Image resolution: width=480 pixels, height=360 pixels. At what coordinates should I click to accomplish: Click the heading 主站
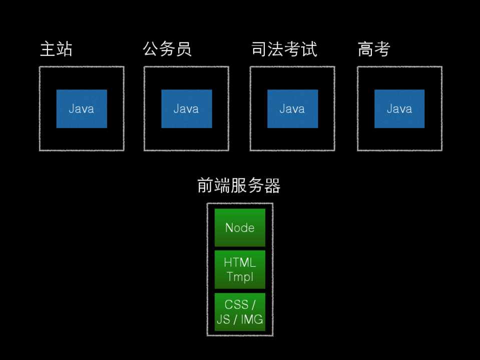click(x=56, y=49)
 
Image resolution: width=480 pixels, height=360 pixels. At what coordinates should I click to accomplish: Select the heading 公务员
click(x=167, y=49)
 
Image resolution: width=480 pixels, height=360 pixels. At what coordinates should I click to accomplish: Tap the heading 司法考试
click(x=284, y=49)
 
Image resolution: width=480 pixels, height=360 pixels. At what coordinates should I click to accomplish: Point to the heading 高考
click(x=373, y=49)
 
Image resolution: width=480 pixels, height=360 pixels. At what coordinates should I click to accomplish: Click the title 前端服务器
click(x=239, y=185)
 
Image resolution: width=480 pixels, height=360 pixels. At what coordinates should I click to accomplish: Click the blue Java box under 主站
click(x=82, y=109)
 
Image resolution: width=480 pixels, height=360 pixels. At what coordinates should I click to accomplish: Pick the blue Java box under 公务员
click(x=186, y=109)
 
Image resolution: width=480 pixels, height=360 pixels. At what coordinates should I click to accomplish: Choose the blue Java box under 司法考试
click(x=292, y=109)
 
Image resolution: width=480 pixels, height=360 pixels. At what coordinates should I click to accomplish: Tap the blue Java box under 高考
click(x=399, y=109)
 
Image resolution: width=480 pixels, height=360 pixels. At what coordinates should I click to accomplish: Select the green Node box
click(x=240, y=227)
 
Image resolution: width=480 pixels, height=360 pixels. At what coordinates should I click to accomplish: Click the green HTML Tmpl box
click(x=240, y=269)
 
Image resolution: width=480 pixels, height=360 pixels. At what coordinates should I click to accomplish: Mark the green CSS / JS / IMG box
click(x=240, y=312)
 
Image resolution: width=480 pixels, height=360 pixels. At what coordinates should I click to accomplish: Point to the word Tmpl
click(x=240, y=276)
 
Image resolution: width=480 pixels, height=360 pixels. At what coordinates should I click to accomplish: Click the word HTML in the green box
click(x=240, y=263)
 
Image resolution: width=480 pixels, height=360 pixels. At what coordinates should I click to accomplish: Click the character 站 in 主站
click(x=65, y=49)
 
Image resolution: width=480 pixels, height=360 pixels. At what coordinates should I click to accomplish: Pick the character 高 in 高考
click(x=365, y=49)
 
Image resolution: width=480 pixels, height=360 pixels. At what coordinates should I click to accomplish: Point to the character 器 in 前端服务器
click(x=272, y=185)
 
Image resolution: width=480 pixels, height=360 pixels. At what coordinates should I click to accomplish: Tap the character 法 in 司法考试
click(x=275, y=49)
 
